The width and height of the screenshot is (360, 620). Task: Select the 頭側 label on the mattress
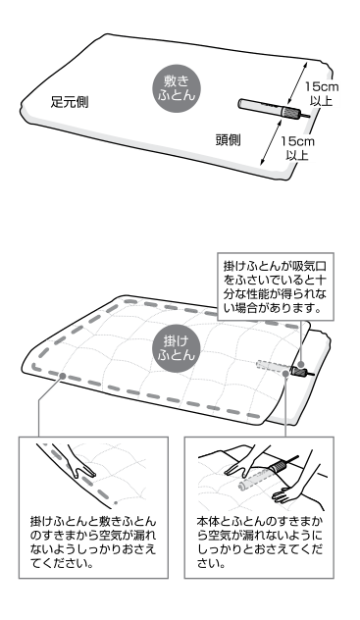tap(228, 139)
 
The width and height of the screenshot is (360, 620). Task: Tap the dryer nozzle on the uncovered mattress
tap(265, 107)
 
